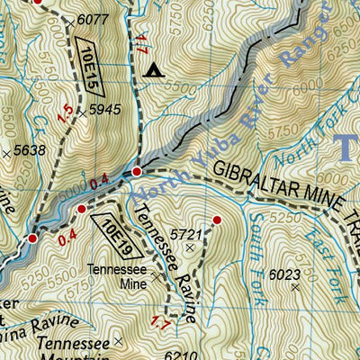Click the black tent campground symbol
click(153, 69)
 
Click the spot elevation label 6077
click(92, 19)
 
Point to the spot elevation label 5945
click(105, 112)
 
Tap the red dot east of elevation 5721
click(216, 219)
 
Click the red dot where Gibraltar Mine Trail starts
click(137, 171)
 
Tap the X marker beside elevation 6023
click(295, 288)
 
